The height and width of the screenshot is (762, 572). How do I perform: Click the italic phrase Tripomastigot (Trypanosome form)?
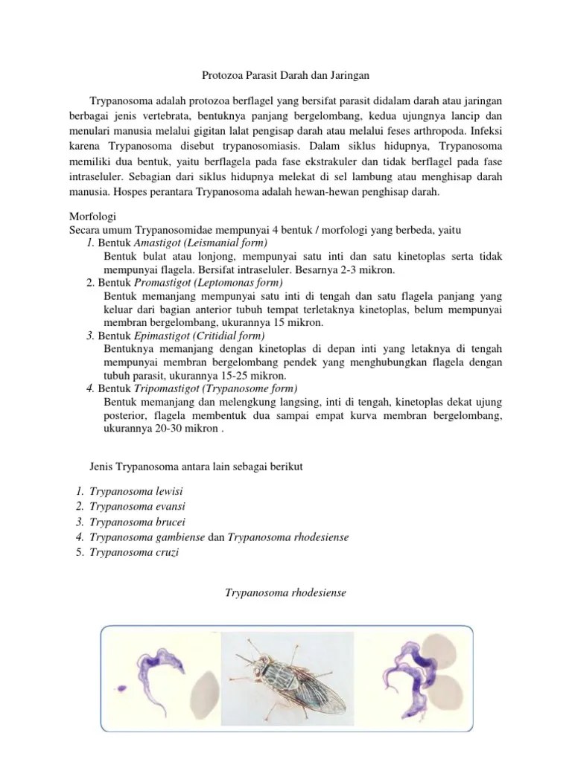point(215,388)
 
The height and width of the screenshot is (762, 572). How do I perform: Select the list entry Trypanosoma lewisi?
point(136,492)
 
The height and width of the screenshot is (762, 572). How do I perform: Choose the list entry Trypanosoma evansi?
point(137,507)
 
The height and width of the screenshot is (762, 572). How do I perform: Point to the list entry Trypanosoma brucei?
point(137,522)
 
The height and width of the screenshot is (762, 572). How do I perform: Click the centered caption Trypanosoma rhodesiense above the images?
point(286,593)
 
